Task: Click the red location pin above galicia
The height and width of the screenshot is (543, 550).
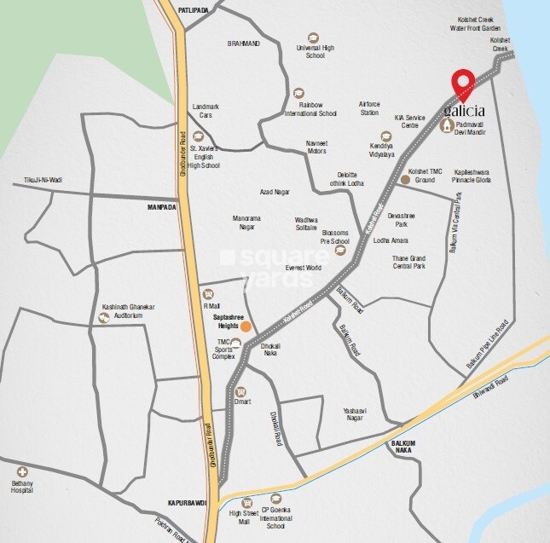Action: (461, 84)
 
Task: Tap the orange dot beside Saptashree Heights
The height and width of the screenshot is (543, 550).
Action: (246, 326)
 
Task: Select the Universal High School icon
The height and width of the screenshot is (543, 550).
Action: (314, 38)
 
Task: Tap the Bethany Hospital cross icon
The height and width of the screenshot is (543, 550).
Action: (22, 471)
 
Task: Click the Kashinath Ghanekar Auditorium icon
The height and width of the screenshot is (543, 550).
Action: (105, 318)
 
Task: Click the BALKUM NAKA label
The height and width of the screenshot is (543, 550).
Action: (408, 447)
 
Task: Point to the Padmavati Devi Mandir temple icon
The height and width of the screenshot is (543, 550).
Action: (447, 126)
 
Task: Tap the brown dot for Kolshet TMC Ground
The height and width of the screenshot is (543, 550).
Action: (405, 179)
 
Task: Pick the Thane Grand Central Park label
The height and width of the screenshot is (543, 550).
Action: (407, 262)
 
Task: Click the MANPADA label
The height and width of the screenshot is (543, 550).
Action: (160, 206)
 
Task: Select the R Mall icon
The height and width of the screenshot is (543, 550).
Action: (209, 293)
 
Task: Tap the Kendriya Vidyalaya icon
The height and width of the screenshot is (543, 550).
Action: (386, 136)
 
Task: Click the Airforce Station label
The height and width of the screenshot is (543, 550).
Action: (369, 107)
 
